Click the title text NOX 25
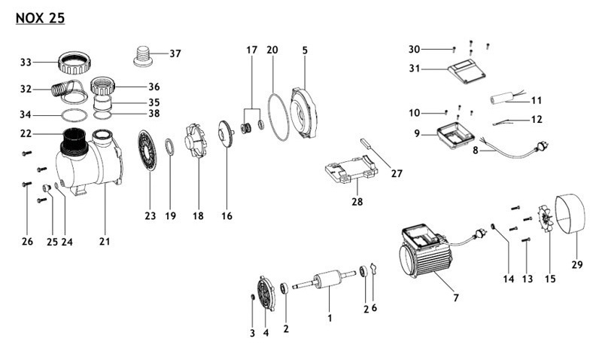(39, 18)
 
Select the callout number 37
(175, 53)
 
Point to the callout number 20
(272, 50)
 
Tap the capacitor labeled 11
(501, 99)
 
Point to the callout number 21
(105, 242)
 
